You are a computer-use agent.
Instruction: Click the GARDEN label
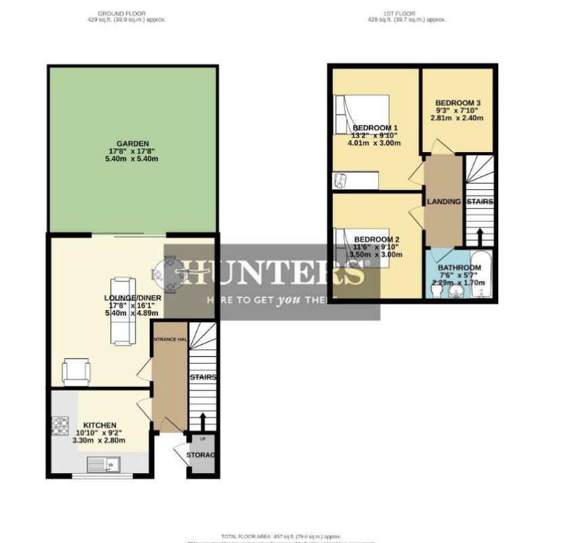click(x=128, y=143)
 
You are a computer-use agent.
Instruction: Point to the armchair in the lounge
click(x=75, y=371)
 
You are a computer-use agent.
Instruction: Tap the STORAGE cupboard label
click(x=201, y=455)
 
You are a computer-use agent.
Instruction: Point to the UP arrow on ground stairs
click(x=203, y=422)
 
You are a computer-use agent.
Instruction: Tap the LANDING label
click(x=444, y=202)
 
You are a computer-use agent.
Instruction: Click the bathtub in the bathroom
click(x=480, y=275)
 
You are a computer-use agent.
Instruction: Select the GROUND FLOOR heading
click(x=121, y=14)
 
